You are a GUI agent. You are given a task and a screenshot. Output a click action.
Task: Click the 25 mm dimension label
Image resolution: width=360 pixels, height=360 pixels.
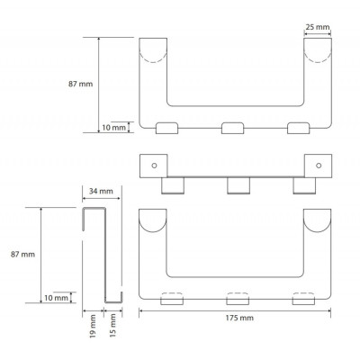coord(318,27)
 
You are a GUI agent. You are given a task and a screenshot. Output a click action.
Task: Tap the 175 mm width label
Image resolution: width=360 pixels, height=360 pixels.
coord(239,318)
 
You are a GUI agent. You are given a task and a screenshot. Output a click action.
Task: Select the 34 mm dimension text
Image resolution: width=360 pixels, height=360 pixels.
coord(101,191)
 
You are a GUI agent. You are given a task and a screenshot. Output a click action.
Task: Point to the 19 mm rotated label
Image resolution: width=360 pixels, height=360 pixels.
coord(93,326)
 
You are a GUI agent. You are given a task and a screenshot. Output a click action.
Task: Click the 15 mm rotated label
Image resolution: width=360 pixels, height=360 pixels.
coord(112,325)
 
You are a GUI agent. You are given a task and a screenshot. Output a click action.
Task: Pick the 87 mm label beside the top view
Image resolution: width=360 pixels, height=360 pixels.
coord(80,84)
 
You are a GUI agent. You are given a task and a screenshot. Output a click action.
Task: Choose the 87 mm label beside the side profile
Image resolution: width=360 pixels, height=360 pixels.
coord(22,255)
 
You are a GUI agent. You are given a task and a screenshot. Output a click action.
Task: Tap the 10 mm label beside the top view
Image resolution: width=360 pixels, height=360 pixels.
coord(114,128)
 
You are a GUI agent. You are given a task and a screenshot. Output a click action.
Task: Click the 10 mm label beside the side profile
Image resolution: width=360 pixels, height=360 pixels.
coord(56,298)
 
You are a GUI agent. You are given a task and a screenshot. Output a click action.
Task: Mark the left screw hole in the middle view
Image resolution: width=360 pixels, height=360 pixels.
coord(154,166)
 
